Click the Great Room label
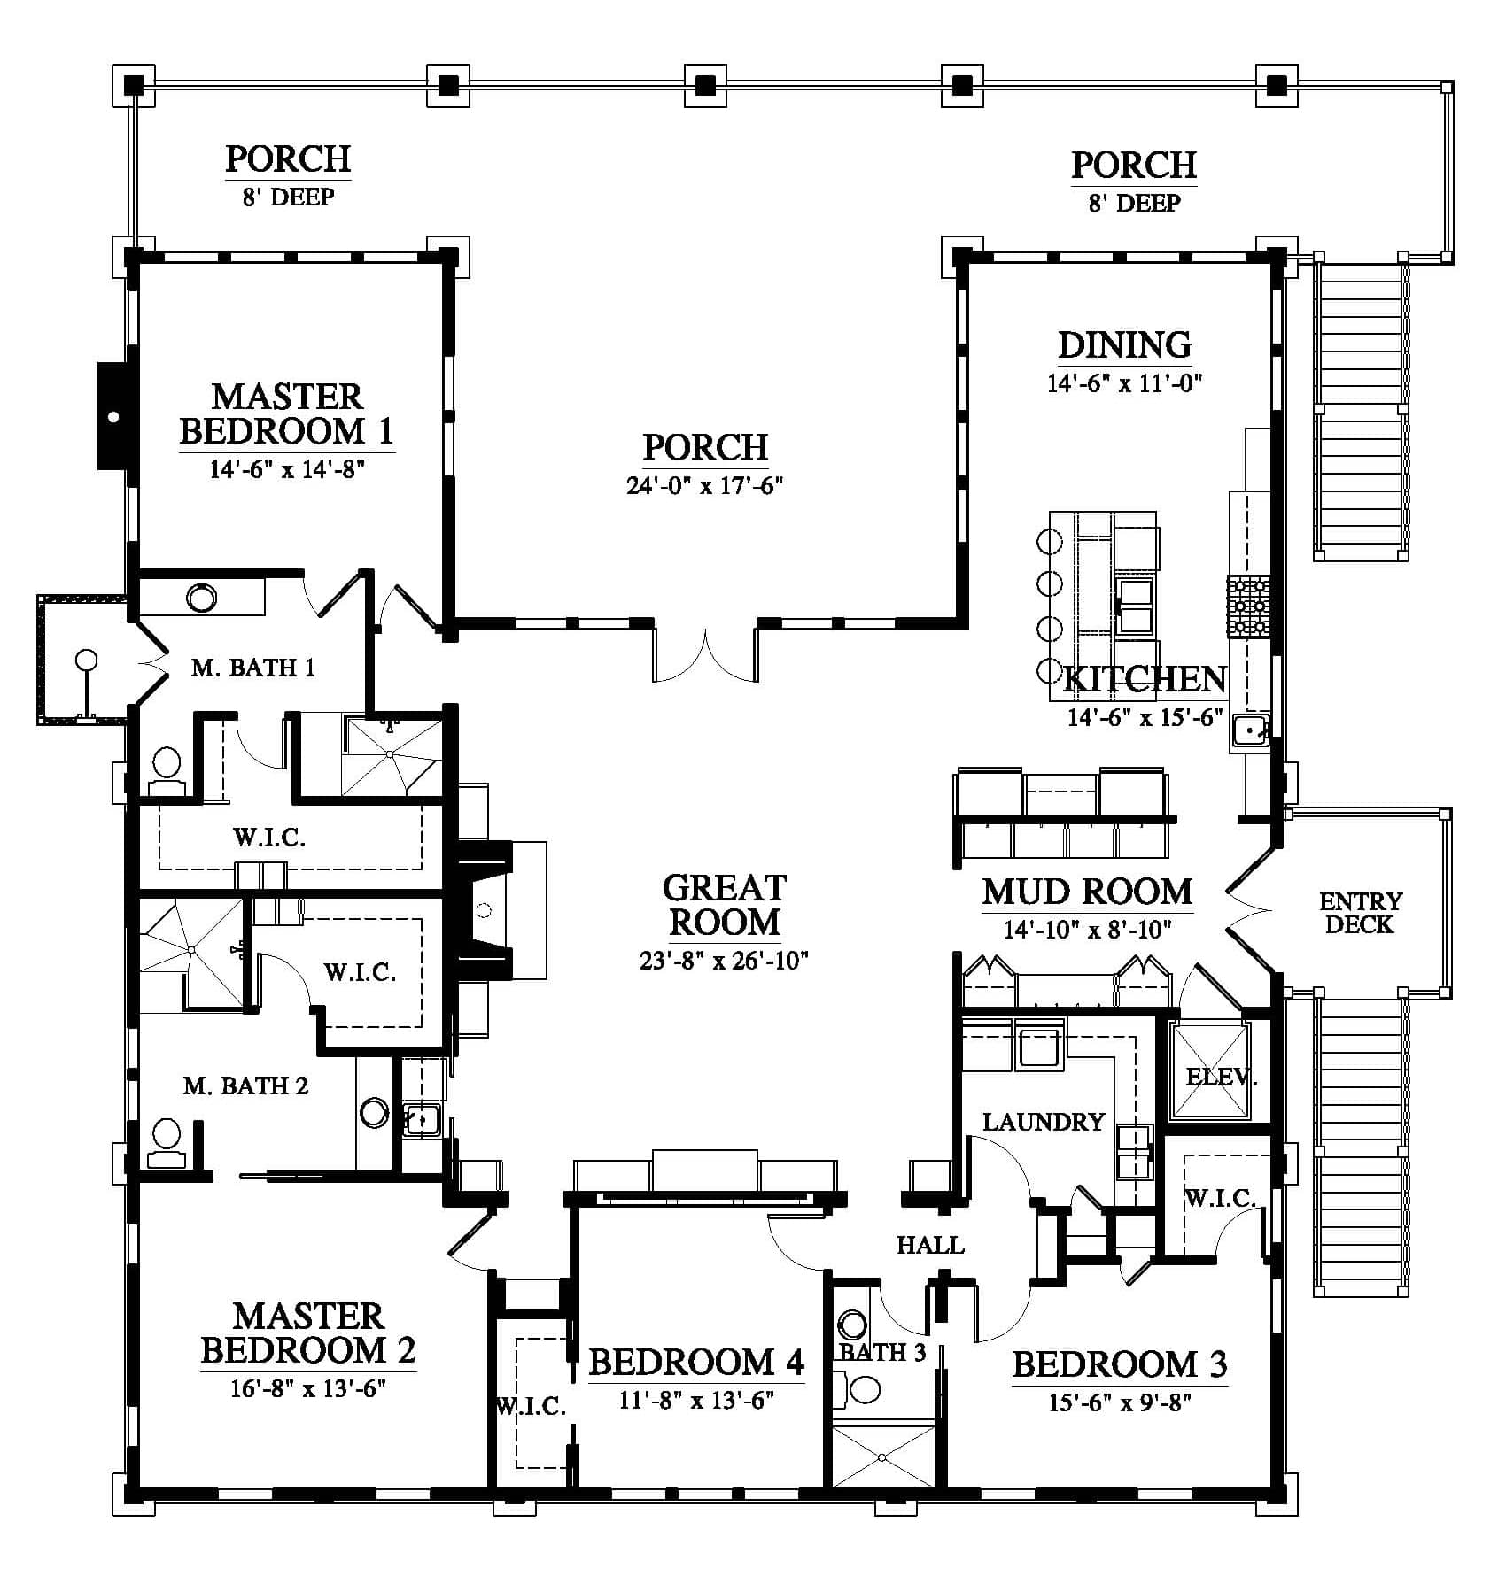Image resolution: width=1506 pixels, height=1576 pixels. pyautogui.click(x=724, y=905)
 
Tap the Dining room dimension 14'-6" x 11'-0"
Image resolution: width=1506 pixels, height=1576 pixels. pyautogui.click(x=1124, y=383)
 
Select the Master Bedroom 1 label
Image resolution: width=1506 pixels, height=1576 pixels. pyautogui.click(x=287, y=413)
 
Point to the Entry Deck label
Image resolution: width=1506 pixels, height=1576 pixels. pyautogui.click(x=1361, y=913)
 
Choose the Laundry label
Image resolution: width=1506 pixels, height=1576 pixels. pyautogui.click(x=1044, y=1122)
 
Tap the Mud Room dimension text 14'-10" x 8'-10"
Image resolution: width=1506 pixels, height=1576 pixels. pyautogui.click(x=1088, y=929)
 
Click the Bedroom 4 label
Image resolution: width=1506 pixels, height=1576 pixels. pyautogui.click(x=696, y=1363)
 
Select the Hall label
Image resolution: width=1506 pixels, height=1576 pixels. pyautogui.click(x=930, y=1245)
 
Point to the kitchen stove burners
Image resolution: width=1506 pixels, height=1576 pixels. pyautogui.click(x=1248, y=606)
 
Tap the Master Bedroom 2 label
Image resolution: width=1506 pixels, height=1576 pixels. pyautogui.click(x=308, y=1333)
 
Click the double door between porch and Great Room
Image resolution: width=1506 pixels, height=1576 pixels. pyautogui.click(x=705, y=655)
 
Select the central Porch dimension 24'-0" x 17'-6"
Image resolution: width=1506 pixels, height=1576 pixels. pyautogui.click(x=705, y=485)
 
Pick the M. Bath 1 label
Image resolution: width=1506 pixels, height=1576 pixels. pyautogui.click(x=253, y=668)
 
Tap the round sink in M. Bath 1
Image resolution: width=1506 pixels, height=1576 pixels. pyautogui.click(x=201, y=598)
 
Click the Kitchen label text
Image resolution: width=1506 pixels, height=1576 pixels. pyautogui.click(x=1145, y=679)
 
